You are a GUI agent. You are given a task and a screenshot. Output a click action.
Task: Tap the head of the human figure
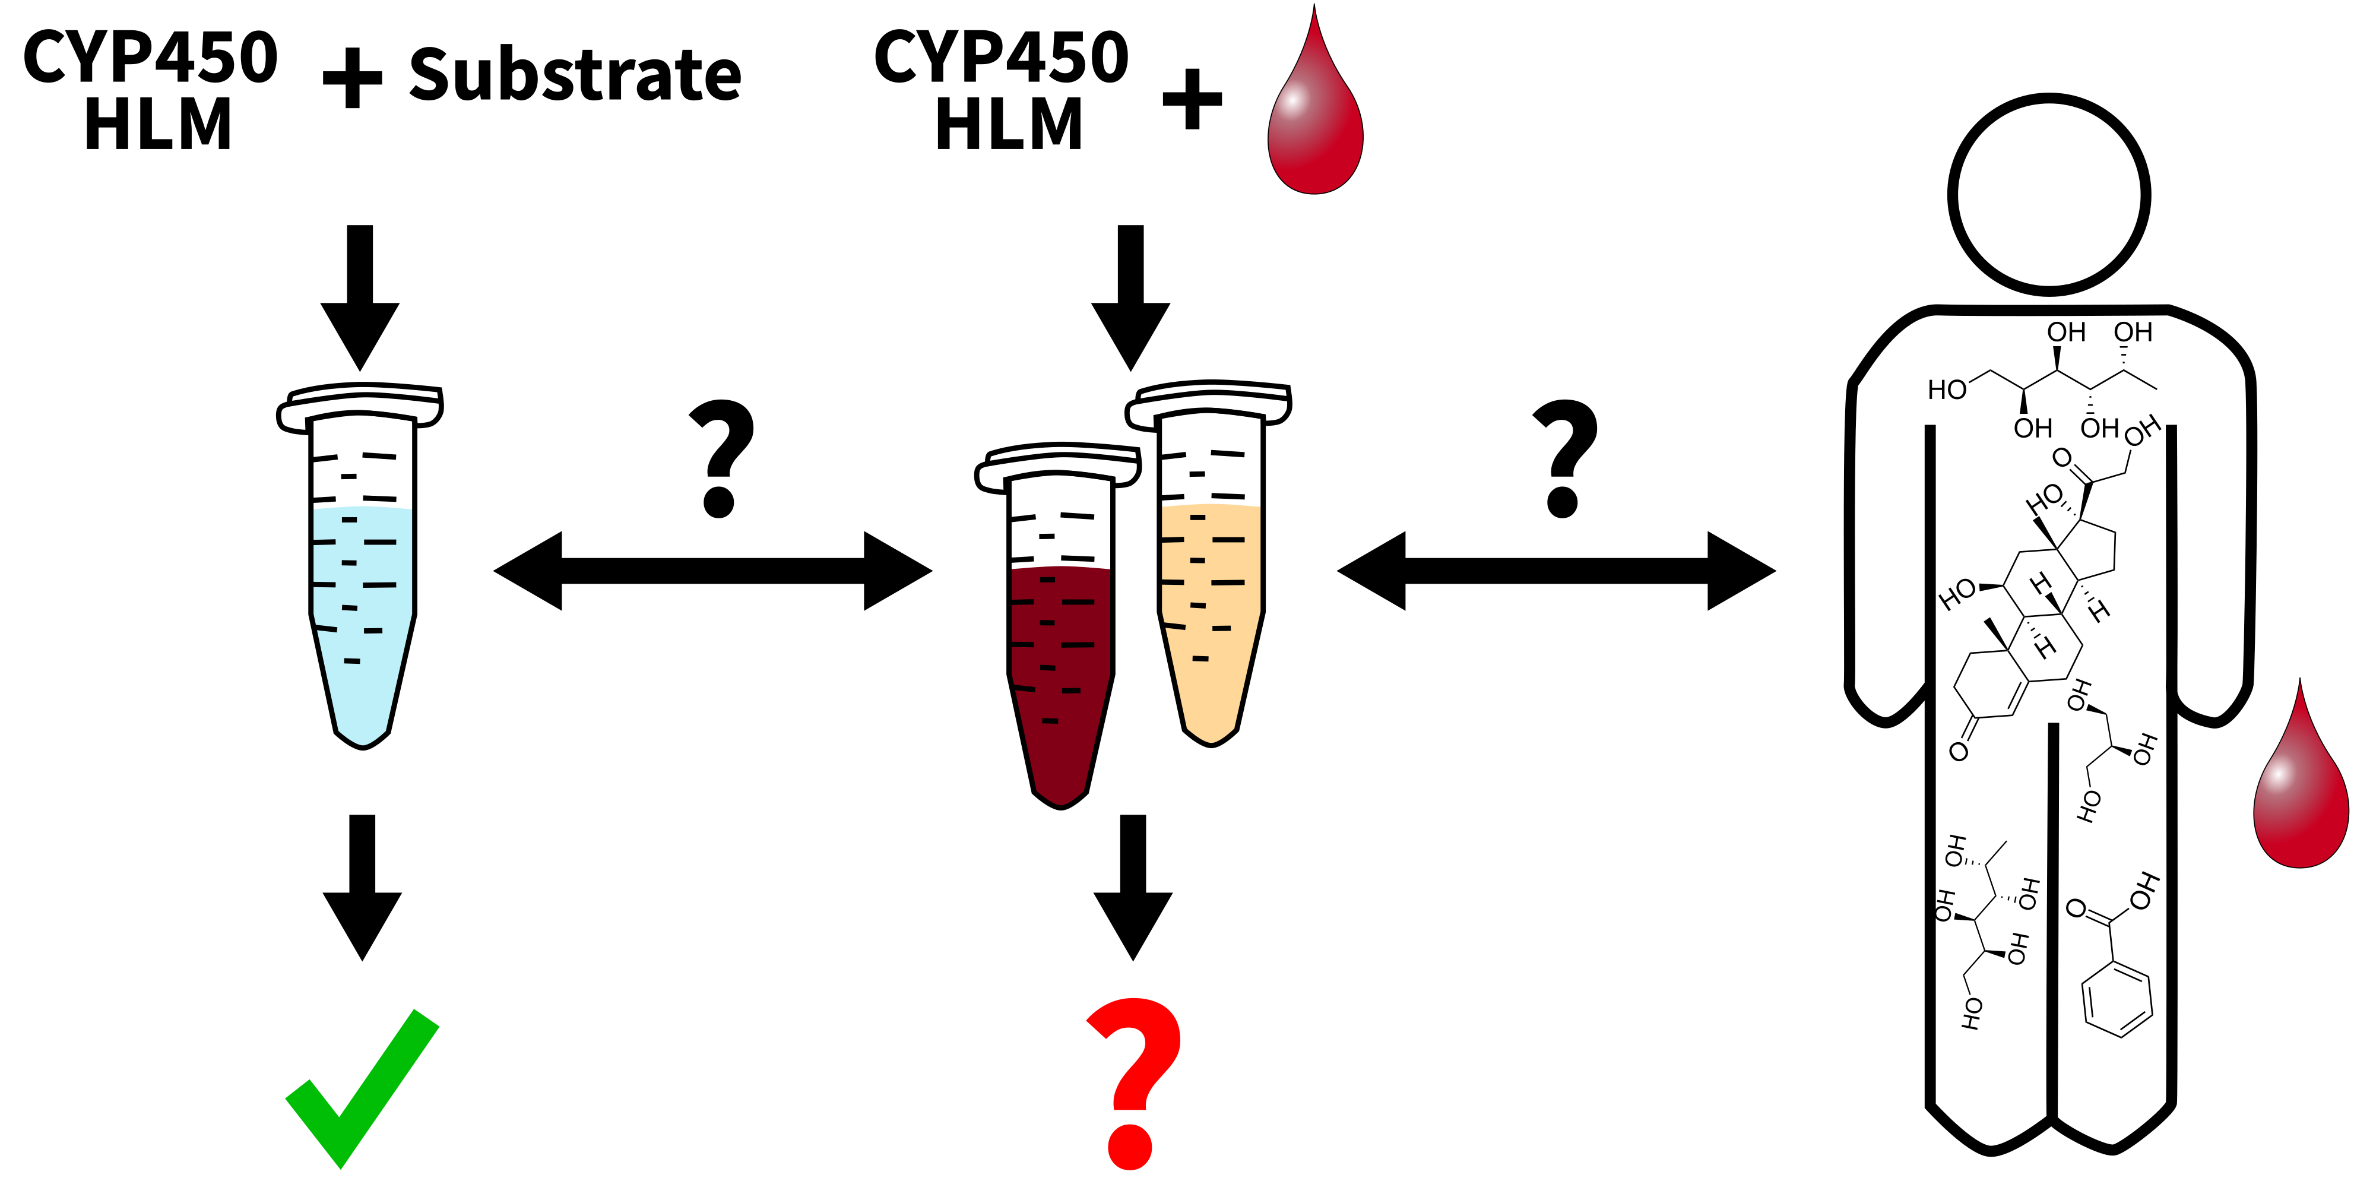click(x=2049, y=194)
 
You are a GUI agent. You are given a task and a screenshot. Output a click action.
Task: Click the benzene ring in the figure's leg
click(x=2117, y=999)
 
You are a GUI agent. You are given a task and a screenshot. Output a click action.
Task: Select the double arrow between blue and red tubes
click(x=712, y=571)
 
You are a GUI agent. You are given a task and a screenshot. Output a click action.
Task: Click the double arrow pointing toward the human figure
click(x=1556, y=571)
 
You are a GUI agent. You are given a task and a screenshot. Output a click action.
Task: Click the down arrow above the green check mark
click(x=362, y=884)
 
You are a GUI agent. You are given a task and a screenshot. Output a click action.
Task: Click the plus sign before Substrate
click(x=352, y=78)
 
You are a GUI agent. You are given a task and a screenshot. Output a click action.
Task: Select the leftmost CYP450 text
click(x=150, y=57)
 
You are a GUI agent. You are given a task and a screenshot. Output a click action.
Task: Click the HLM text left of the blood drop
click(x=1009, y=124)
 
